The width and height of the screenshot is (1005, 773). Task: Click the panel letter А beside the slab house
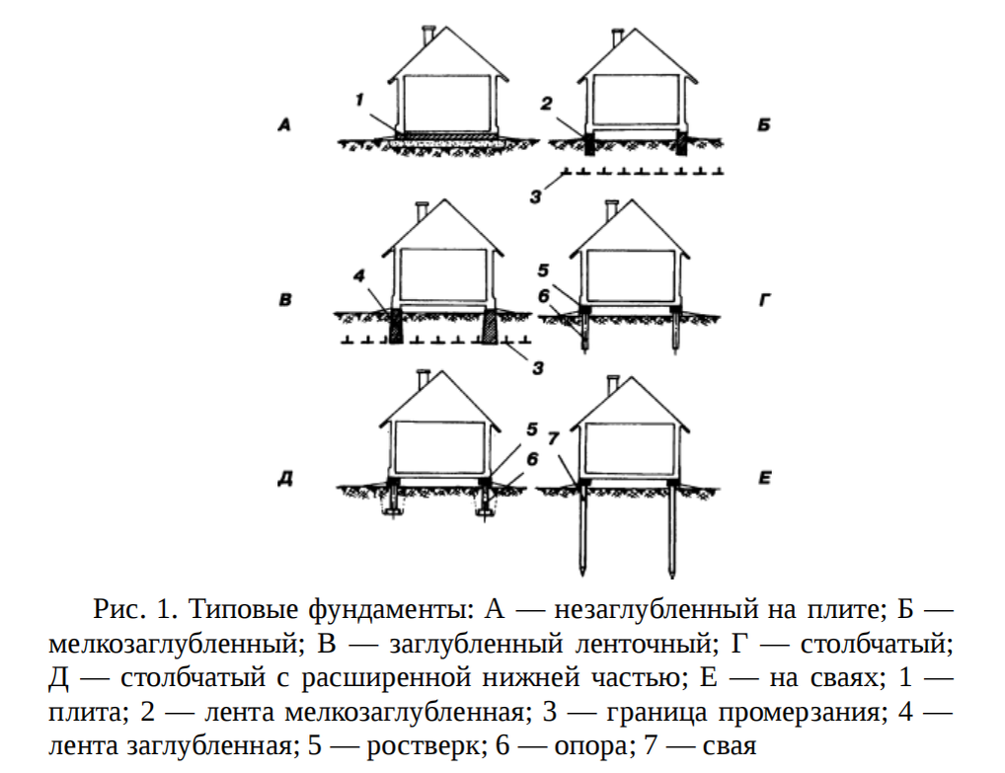point(284,125)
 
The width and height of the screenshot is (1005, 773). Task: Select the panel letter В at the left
point(285,297)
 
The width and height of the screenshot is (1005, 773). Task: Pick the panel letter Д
point(284,481)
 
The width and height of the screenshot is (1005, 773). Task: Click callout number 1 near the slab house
point(360,98)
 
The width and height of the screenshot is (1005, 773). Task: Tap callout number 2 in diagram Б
point(546,102)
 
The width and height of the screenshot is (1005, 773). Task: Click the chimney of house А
point(425,35)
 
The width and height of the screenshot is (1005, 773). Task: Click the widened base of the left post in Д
point(394,508)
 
